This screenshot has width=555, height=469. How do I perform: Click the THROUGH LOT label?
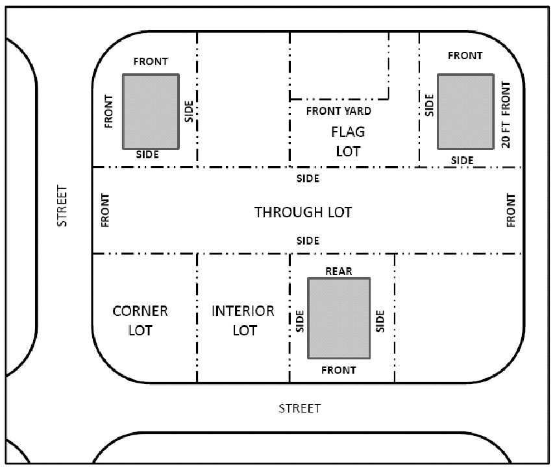303,212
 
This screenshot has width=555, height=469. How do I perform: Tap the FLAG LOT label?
348,141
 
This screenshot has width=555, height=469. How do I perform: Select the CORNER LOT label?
140,320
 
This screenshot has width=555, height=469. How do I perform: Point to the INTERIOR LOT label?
243,320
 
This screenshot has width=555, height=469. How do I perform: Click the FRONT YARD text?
339,111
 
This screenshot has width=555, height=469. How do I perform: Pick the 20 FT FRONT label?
506,115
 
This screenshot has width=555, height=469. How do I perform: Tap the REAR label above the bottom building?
339,271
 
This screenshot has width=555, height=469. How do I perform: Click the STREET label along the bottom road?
299,409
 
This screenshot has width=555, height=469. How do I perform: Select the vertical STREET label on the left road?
62,206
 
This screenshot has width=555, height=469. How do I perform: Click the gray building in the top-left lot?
151,112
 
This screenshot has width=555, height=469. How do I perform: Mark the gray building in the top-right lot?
465,112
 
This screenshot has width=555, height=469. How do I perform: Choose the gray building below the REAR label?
339,319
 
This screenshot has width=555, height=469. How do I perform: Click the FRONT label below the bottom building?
339,370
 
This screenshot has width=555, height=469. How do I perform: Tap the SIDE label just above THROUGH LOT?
308,178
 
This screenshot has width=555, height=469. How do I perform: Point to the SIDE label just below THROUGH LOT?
308,241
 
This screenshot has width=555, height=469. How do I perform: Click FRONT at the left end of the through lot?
105,210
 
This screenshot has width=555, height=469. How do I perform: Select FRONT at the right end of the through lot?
511,210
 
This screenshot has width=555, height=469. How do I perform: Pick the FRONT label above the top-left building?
151,62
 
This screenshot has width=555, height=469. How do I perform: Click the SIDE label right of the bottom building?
380,321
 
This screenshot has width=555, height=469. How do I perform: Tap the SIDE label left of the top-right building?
429,105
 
